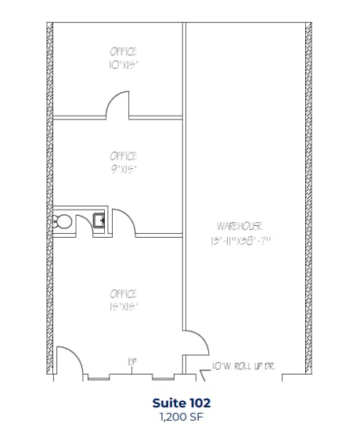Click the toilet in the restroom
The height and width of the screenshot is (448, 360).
pos(63,221)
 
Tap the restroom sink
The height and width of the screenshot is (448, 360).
pos(99,220)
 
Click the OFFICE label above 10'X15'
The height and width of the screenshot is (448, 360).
pos(124,52)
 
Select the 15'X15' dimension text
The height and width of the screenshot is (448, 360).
pos(124,307)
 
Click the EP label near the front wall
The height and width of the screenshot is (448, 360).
pos(132,361)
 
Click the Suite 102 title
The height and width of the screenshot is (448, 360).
pos(182,403)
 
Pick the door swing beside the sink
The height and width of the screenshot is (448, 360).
pos(124,221)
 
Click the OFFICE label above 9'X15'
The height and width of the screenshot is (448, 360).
pos(124,156)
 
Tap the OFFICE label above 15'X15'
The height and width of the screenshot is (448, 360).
pos(124,294)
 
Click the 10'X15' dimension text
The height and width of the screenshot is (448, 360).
pos(124,65)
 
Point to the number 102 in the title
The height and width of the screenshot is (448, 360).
pos(199,403)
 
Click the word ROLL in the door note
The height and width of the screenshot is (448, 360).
pos(243,365)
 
